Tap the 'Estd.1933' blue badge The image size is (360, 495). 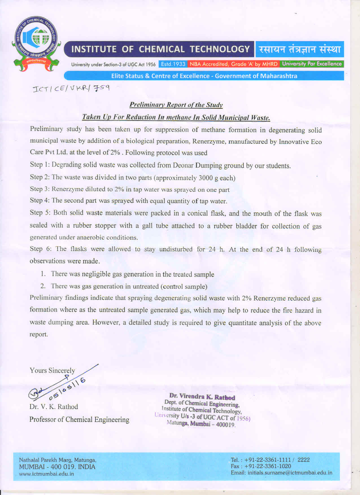(x=173, y=64)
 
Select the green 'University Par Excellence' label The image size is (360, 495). (x=312, y=64)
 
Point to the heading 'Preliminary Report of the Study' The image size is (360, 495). (x=176, y=105)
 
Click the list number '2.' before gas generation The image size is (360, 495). (x=43, y=286)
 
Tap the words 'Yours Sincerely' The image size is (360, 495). (x=52, y=371)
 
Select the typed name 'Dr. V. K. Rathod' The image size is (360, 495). (x=54, y=407)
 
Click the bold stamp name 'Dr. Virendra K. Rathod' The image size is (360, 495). (x=202, y=397)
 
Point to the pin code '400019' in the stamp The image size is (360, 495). (x=225, y=424)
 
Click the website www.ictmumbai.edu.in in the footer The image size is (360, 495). (x=46, y=474)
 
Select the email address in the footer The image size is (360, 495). (x=290, y=473)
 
